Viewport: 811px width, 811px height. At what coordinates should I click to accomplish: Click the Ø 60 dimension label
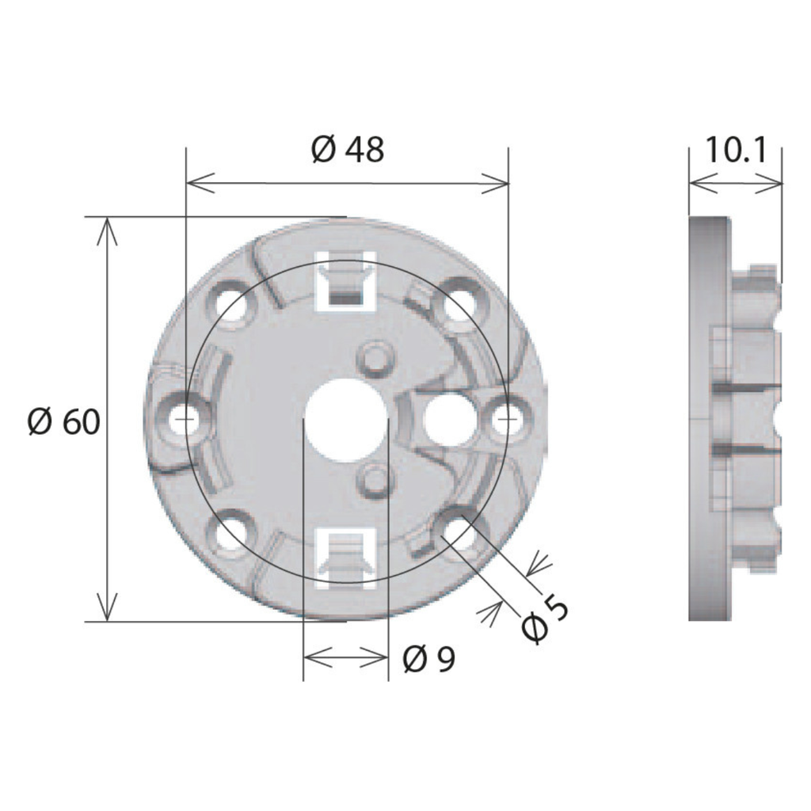[x=63, y=422]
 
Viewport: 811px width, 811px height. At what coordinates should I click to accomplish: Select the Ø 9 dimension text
[x=428, y=659]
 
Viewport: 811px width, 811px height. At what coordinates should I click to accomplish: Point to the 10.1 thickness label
[x=736, y=150]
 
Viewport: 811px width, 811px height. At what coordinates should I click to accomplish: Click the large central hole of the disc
[x=346, y=419]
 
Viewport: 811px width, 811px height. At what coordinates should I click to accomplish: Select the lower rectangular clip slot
[x=346, y=558]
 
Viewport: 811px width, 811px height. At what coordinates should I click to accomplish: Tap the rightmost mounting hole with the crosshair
[x=508, y=418]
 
